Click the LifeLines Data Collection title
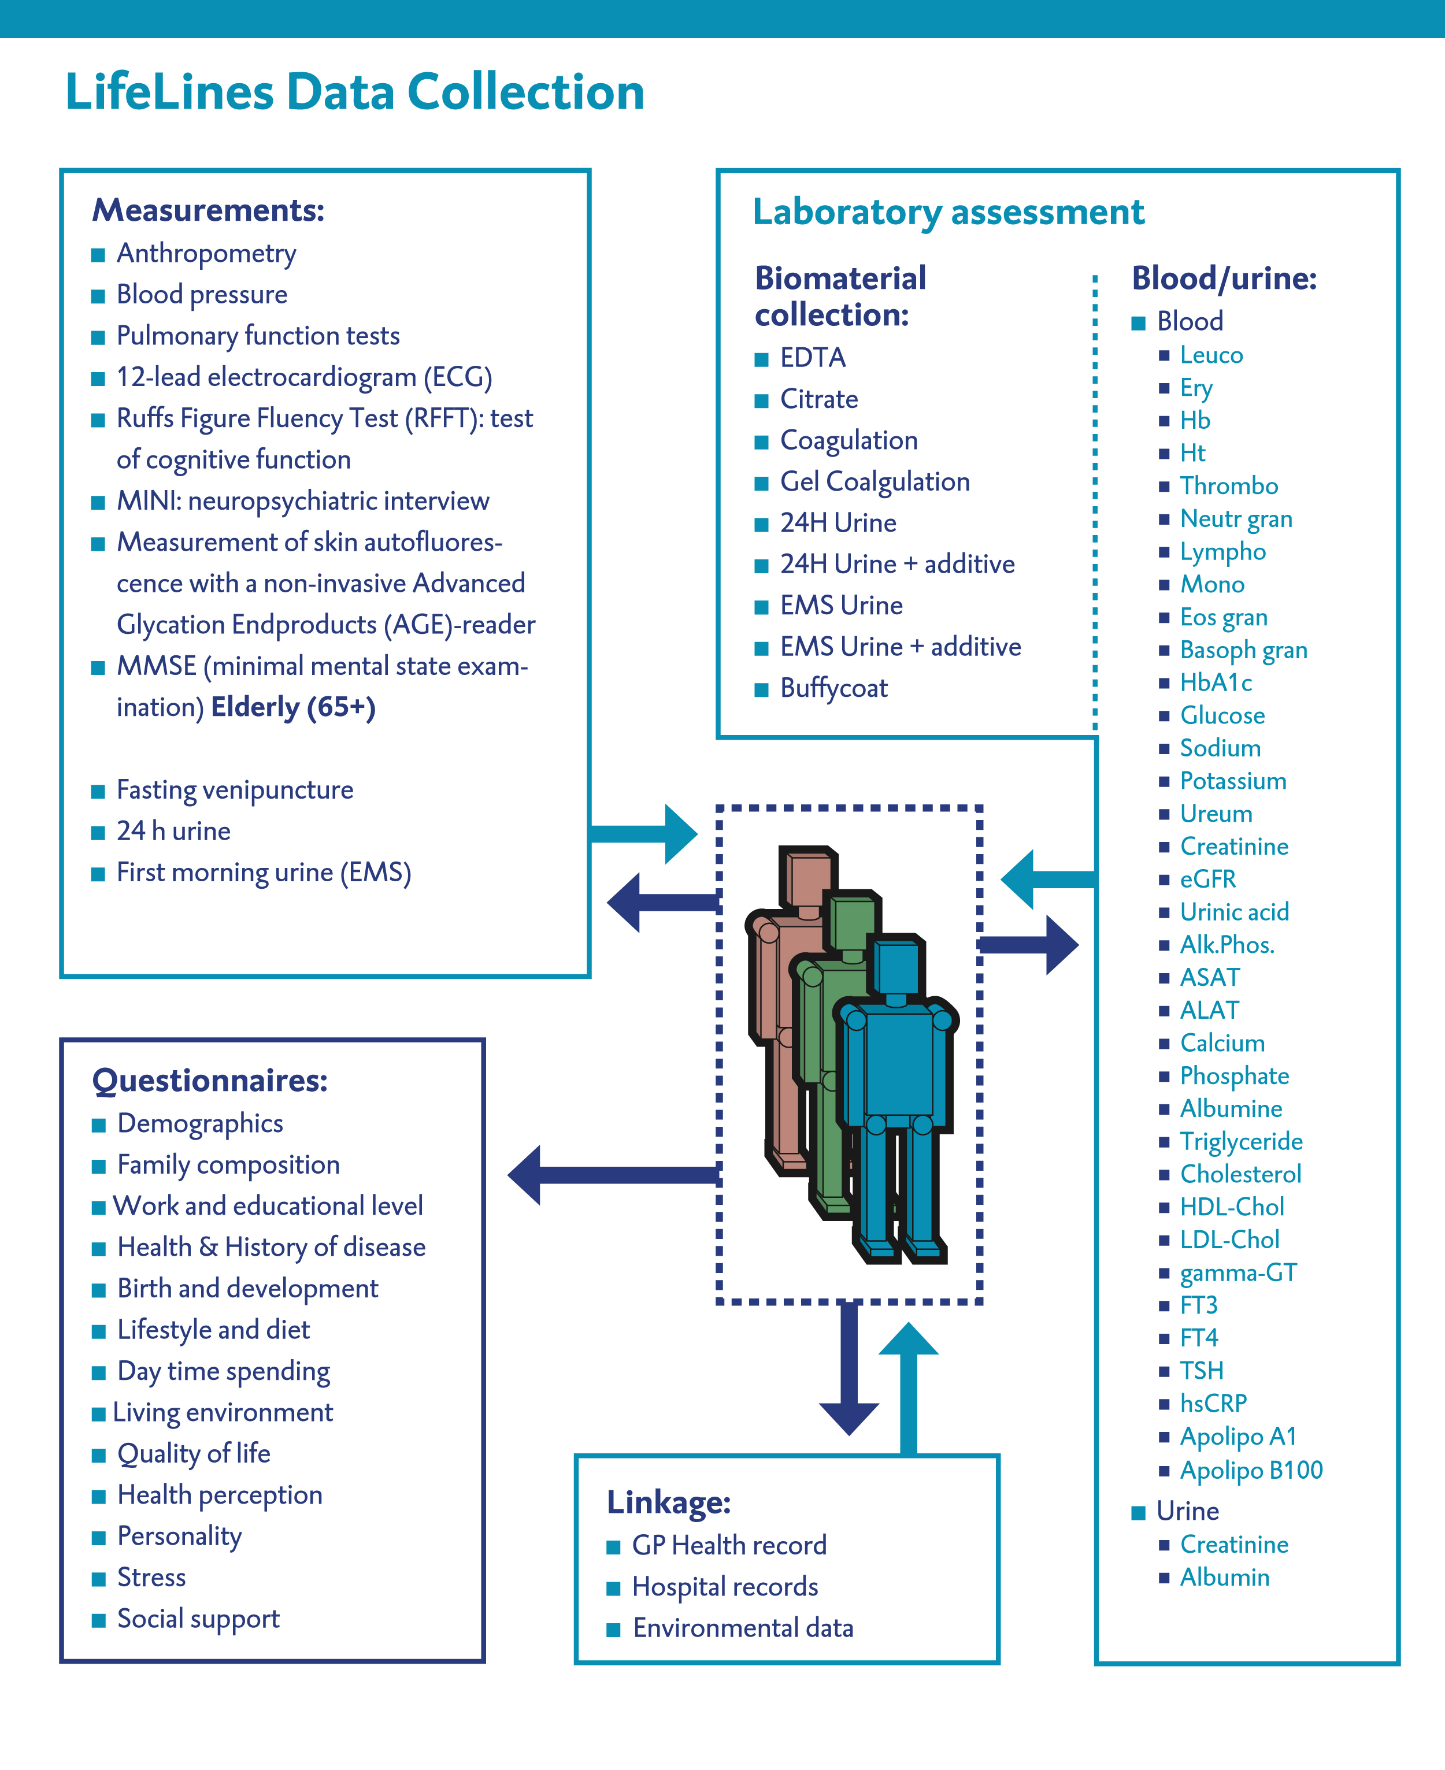tap(354, 91)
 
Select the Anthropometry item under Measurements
tap(206, 253)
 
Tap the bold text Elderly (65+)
tap(293, 707)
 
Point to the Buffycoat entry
tap(833, 688)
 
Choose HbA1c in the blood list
tap(1216, 683)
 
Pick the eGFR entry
tap(1208, 880)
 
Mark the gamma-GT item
tap(1237, 1272)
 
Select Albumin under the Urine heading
tap(1224, 1577)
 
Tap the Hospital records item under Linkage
tap(725, 1587)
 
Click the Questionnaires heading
tap(210, 1080)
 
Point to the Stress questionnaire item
tap(151, 1577)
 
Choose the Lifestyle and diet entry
tap(213, 1330)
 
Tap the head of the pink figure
tap(807, 878)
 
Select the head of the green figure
tap(851, 922)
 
